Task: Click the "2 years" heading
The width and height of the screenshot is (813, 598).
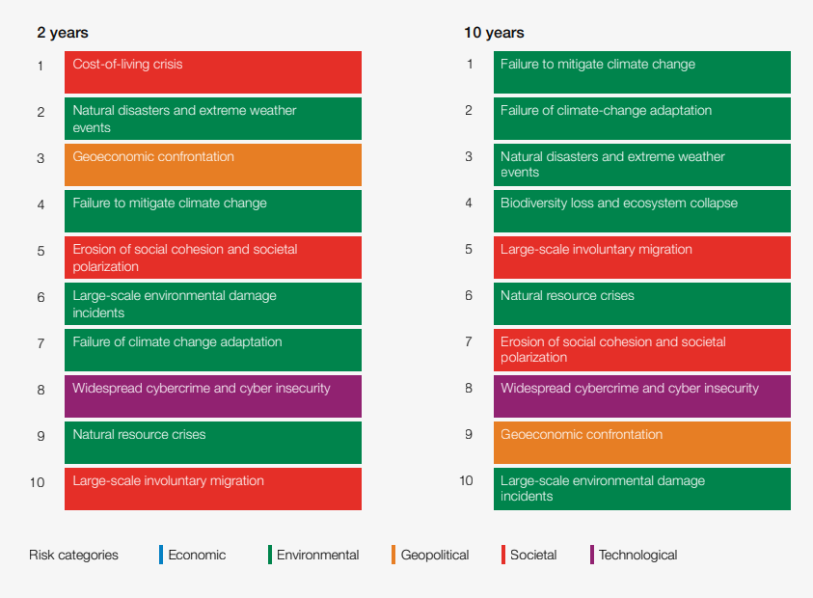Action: tap(63, 33)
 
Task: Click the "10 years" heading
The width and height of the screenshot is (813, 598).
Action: tap(494, 33)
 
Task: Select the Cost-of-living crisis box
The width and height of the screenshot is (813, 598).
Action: tap(213, 72)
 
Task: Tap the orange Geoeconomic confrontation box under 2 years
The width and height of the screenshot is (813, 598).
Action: tap(213, 165)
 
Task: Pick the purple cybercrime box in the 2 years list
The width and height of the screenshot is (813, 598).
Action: tap(213, 396)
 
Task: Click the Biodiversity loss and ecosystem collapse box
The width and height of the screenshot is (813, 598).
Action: tap(641, 211)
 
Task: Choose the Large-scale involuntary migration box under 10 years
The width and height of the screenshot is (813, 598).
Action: tap(641, 258)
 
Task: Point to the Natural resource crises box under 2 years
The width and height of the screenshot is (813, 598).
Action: tap(213, 443)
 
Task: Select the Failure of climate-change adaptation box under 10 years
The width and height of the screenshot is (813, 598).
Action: tap(641, 119)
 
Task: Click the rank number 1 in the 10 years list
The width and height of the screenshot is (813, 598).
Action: tap(470, 65)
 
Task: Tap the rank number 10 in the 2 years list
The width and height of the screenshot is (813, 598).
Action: tap(38, 482)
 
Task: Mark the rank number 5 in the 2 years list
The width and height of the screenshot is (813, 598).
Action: tap(41, 251)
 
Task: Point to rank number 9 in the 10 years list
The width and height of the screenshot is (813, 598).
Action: tap(469, 435)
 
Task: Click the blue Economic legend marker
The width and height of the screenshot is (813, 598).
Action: tap(161, 555)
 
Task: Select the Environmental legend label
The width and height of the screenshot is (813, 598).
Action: tap(317, 555)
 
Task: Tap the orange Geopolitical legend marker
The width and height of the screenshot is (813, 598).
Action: tap(393, 555)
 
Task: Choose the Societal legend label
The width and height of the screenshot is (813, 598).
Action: tap(533, 555)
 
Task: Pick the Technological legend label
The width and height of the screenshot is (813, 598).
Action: tap(637, 555)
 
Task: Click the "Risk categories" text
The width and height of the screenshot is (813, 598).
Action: tap(73, 555)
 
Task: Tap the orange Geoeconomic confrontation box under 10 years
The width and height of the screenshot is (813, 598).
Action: tap(641, 443)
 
